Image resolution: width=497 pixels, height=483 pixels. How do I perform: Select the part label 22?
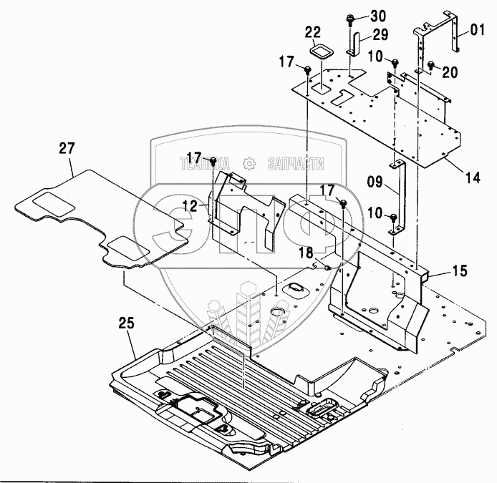pos(313,33)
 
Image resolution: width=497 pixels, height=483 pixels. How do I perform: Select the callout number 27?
pos(67,148)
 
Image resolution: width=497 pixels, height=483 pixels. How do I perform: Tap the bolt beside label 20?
pos(431,66)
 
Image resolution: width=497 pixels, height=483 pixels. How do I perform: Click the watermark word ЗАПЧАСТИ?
pos(294,163)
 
